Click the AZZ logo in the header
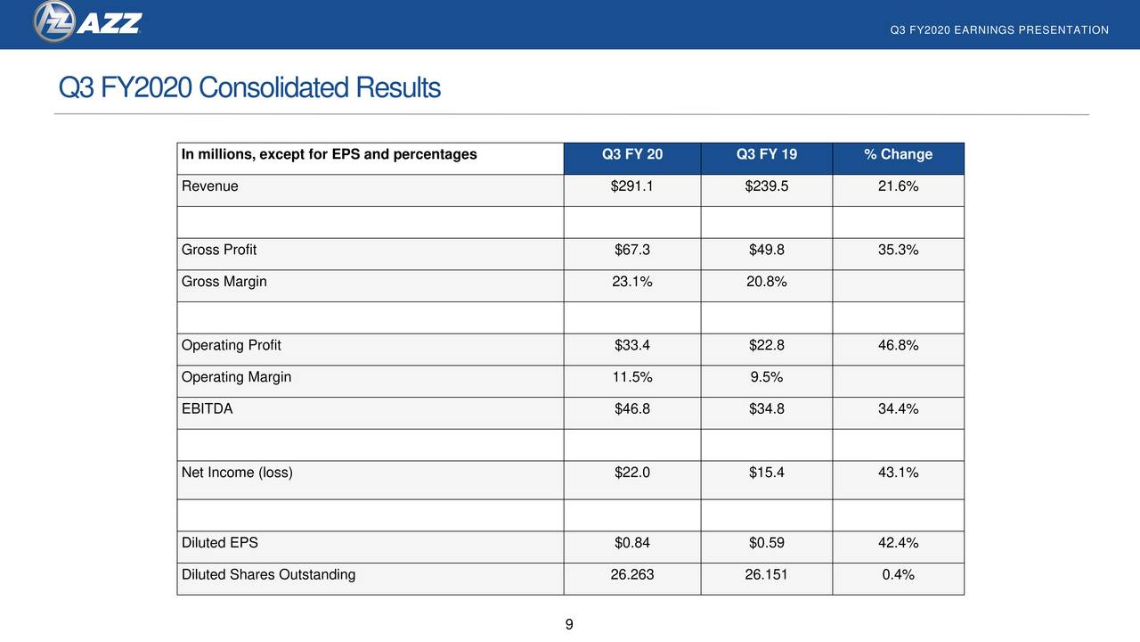(x=87, y=22)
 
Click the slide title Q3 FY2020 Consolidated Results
(x=249, y=88)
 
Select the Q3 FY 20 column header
(x=632, y=154)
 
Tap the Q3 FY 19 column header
(x=767, y=154)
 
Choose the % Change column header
(x=898, y=154)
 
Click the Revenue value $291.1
(x=632, y=186)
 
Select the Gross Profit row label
(x=219, y=250)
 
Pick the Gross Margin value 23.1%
(x=632, y=282)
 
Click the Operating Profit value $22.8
(x=767, y=345)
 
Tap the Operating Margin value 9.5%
(x=767, y=377)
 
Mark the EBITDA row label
(x=208, y=409)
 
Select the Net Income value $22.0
(x=632, y=473)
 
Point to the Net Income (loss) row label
(x=237, y=473)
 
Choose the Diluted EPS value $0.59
(x=767, y=542)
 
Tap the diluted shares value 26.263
(x=632, y=574)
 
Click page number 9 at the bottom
(x=569, y=624)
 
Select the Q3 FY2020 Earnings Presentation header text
(x=999, y=30)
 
